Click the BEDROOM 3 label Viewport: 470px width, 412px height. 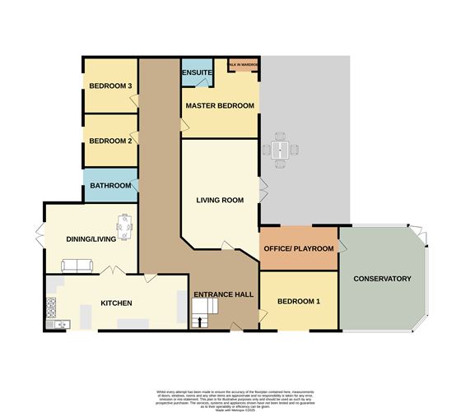[110, 86]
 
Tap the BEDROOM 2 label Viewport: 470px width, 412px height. [110, 141]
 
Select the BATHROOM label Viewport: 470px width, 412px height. [110, 186]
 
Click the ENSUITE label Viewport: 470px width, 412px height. [198, 74]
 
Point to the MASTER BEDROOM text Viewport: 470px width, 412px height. [219, 106]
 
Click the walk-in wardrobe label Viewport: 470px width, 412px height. [243, 64]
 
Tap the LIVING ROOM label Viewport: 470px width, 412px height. [220, 200]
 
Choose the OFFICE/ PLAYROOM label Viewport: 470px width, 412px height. [298, 248]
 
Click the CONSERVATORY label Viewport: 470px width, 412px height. [382, 279]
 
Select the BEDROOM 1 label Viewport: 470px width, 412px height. [298, 302]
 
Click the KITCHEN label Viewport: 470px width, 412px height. [116, 303]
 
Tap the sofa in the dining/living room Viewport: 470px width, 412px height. [79, 266]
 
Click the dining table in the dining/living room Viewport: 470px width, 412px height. [124, 224]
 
